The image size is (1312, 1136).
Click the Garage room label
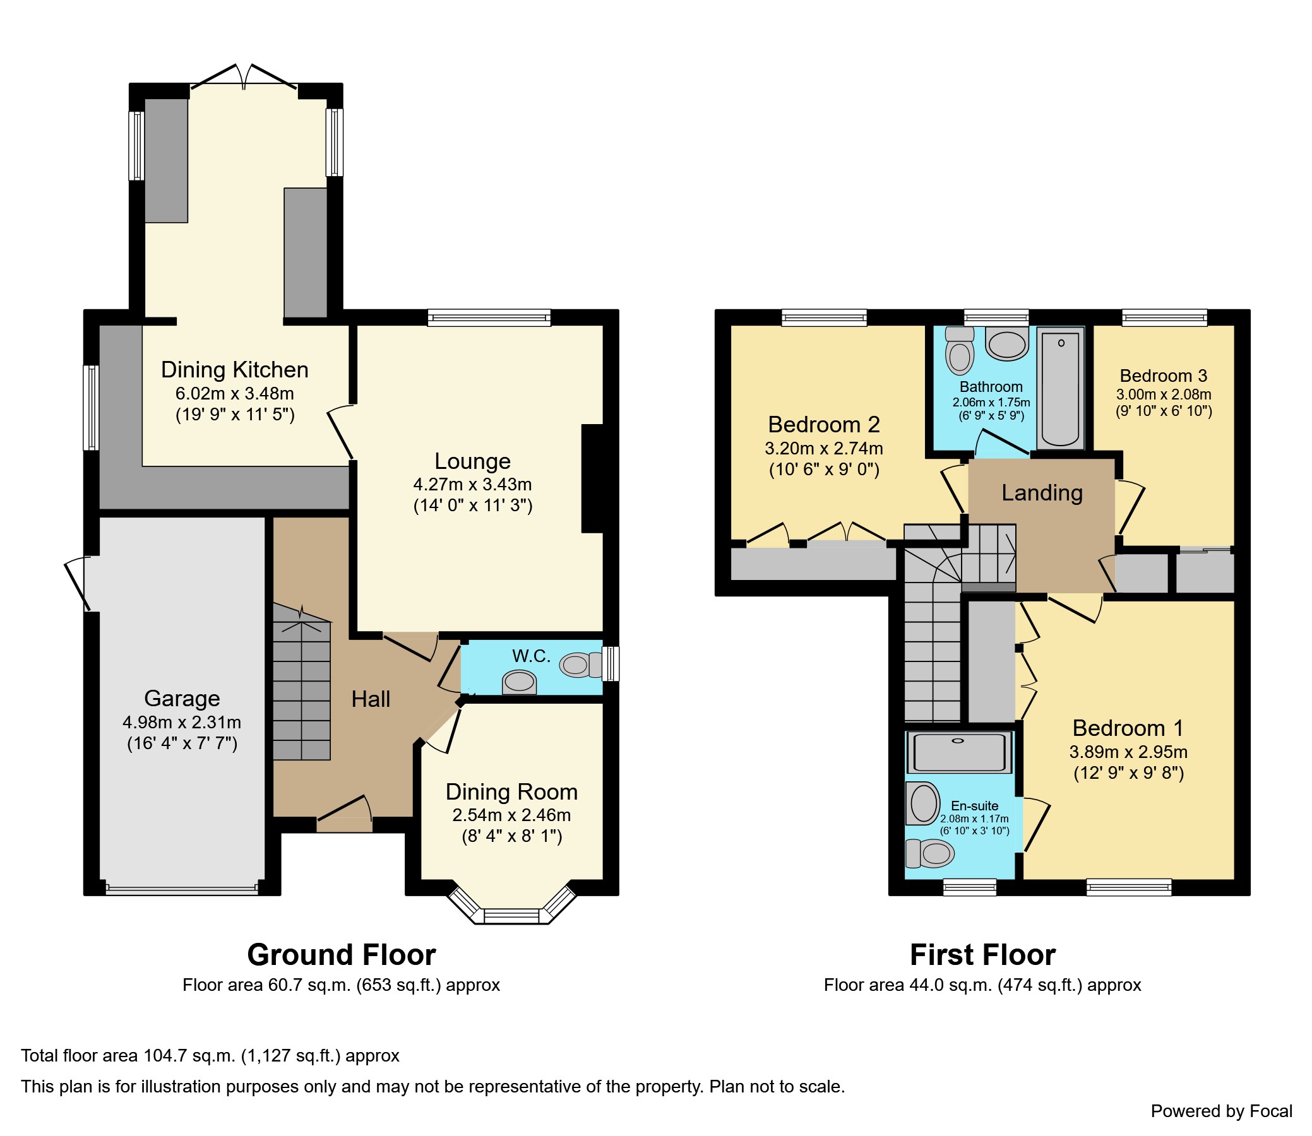point(182,698)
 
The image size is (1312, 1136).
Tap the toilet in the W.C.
point(580,665)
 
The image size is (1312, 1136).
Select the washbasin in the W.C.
point(519,683)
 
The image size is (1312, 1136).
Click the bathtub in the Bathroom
point(1060,388)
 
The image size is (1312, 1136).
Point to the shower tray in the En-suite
point(960,752)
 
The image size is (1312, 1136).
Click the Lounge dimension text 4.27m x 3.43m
point(472,484)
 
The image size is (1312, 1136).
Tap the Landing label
point(1042,492)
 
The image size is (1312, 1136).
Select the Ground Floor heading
point(341,954)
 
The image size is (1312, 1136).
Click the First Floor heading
point(982,954)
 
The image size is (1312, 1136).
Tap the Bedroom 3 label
point(1163,376)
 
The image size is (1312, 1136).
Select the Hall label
point(371,699)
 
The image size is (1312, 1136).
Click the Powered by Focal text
point(1220,1111)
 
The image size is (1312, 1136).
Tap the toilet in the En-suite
point(930,853)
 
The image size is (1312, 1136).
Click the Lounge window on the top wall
point(489,317)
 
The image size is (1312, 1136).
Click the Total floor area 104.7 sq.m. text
point(210,1055)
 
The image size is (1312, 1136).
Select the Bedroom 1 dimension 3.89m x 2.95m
point(1128,752)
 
